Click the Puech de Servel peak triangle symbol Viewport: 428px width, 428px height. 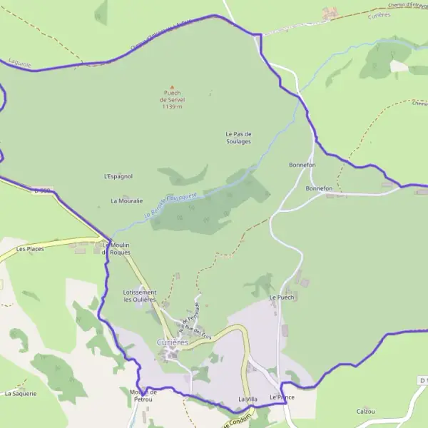pos(171,87)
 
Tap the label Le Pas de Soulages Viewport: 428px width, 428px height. pos(238,138)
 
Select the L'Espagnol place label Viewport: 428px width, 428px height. pos(118,176)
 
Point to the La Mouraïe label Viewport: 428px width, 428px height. pos(127,201)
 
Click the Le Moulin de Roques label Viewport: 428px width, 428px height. pos(116,249)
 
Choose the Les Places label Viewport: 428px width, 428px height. pos(30,249)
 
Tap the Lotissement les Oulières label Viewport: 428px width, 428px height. pos(140,296)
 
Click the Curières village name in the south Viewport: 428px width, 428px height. pos(173,342)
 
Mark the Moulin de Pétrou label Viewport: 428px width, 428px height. pos(143,395)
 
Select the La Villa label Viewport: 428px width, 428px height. pos(248,399)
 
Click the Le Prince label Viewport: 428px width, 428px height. pos(282,397)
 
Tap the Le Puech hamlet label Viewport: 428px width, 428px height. pos(282,297)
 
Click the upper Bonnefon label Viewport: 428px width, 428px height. pos(302,165)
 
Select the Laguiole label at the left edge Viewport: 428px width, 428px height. pos(20,63)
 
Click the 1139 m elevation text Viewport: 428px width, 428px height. pos(173,107)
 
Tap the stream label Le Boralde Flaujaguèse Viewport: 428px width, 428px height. pos(174,205)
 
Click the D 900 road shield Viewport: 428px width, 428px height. pos(44,190)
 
